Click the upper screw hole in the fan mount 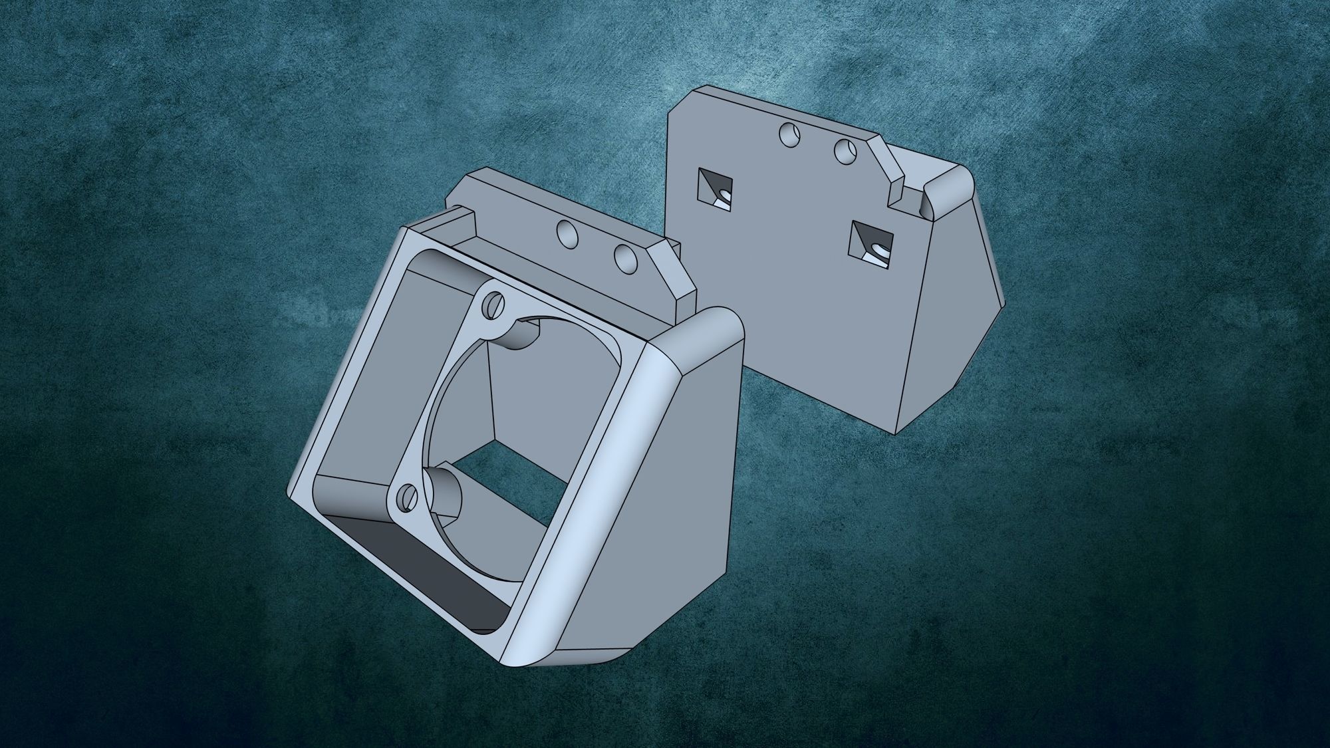click(x=493, y=306)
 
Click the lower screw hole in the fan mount click(x=406, y=495)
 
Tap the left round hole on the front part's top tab click(x=567, y=234)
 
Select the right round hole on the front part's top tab click(x=626, y=258)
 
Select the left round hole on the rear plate click(x=788, y=135)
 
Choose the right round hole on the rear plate click(x=845, y=152)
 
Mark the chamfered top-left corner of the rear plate click(x=678, y=106)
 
